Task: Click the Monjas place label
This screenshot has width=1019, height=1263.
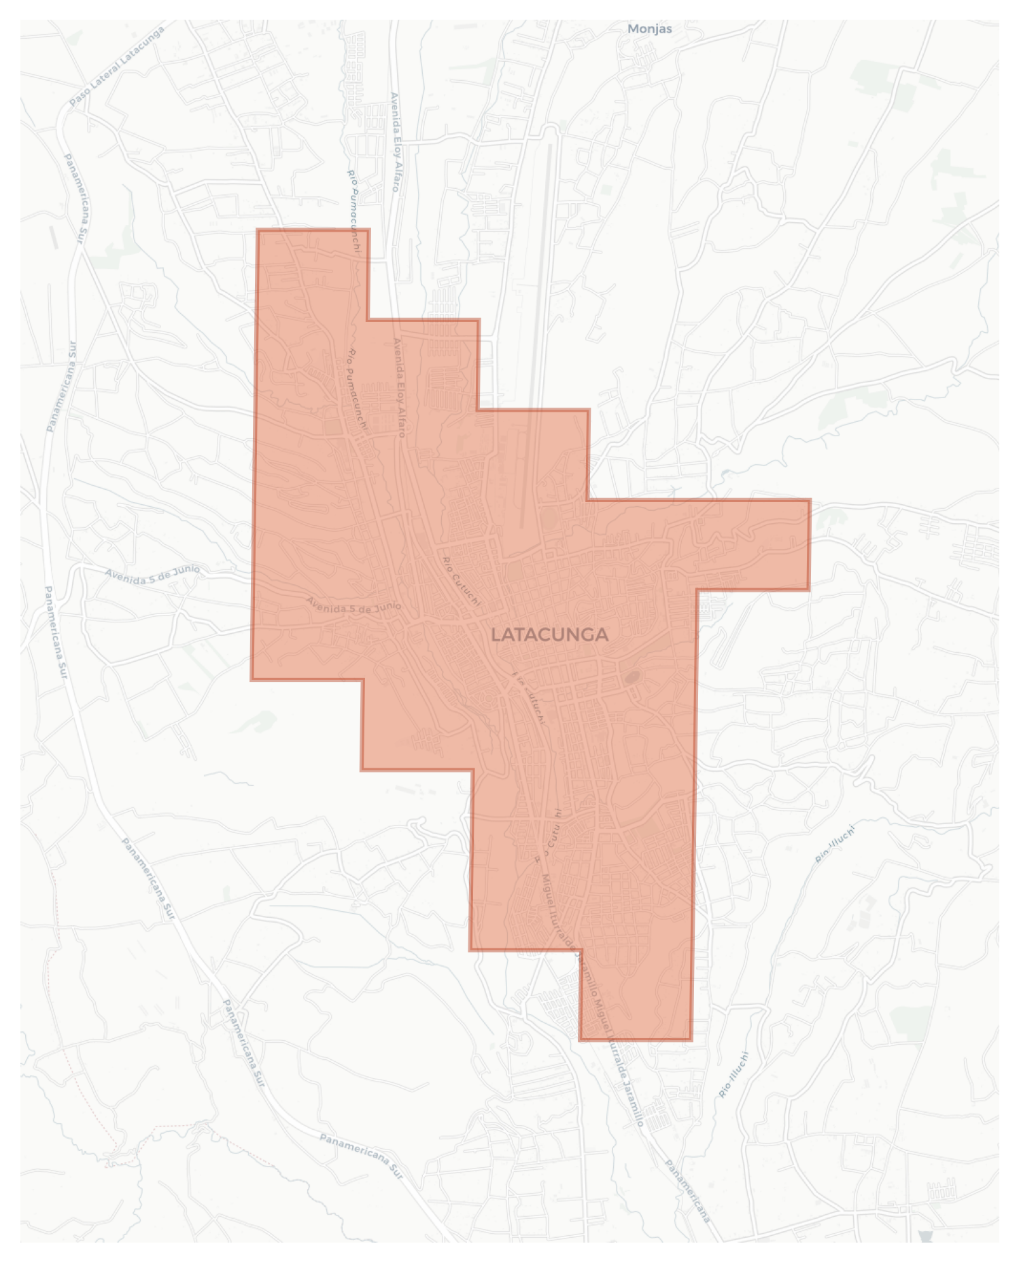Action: click(649, 29)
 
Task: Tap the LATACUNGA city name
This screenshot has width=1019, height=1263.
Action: click(549, 635)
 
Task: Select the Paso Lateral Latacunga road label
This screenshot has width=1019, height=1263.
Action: click(117, 67)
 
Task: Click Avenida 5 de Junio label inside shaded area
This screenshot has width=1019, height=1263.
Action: click(353, 605)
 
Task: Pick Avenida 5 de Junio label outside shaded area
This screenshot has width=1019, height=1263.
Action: click(152, 574)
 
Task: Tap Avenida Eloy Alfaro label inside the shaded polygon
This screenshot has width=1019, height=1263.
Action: click(400, 387)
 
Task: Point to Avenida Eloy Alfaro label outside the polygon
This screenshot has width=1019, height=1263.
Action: click(394, 142)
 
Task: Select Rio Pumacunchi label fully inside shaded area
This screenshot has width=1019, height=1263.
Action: click(358, 390)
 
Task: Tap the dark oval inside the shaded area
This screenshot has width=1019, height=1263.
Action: click(632, 677)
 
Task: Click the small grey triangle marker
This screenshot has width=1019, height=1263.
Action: click(925, 1236)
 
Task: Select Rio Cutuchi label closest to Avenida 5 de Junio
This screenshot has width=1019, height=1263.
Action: click(462, 581)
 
